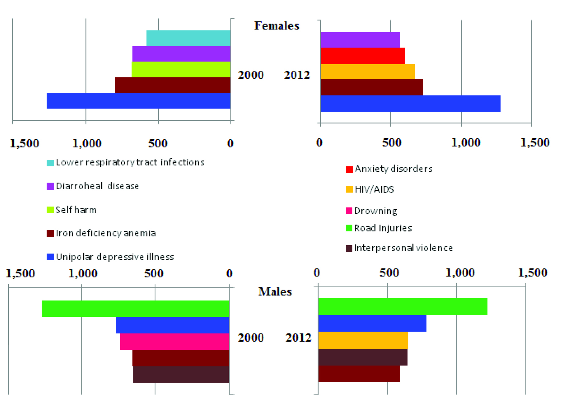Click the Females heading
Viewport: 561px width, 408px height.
pyautogui.click(x=277, y=26)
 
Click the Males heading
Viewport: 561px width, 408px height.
pyautogui.click(x=275, y=291)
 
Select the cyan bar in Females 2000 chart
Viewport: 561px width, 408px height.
pyautogui.click(x=188, y=38)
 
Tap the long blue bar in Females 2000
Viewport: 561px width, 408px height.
pyautogui.click(x=138, y=101)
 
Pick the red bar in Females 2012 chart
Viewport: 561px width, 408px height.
pyautogui.click(x=363, y=56)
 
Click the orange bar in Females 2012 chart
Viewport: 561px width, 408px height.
pyautogui.click(x=368, y=72)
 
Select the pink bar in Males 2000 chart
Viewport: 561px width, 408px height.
pyautogui.click(x=174, y=341)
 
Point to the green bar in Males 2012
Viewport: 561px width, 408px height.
pyautogui.click(x=403, y=306)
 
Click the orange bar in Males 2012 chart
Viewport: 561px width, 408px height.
pyautogui.click(x=363, y=340)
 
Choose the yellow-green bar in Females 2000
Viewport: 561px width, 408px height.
pyautogui.click(x=181, y=69)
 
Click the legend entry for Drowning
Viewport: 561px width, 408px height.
pyautogui.click(x=375, y=211)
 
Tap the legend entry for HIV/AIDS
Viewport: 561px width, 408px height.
pyautogui.click(x=374, y=189)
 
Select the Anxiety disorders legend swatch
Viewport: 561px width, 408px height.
pyautogui.click(x=349, y=169)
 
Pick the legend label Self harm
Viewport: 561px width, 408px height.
pyautogui.click(x=76, y=210)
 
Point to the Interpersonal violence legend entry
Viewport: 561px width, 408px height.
pyautogui.click(x=403, y=248)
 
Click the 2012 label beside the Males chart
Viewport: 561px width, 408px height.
pyautogui.click(x=298, y=338)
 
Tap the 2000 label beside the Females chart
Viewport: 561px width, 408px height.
pyautogui.click(x=251, y=75)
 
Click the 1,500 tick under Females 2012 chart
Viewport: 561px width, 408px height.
pyautogui.click(x=535, y=143)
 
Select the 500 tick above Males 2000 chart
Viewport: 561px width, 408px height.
pyautogui.click(x=154, y=273)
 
